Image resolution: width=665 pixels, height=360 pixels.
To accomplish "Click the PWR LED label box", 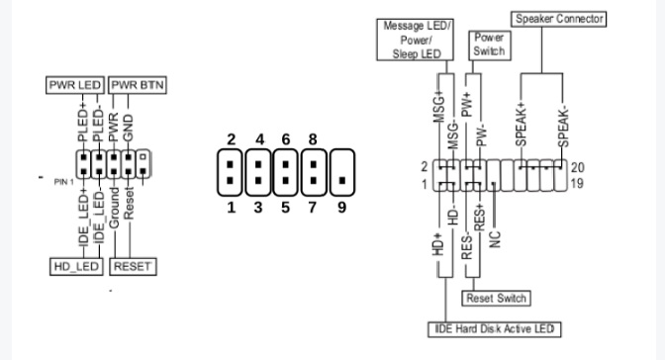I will click(76, 86).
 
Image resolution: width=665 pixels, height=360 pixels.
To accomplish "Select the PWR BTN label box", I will click(138, 86).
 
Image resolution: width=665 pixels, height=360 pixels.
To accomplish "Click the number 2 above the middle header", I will click(230, 138).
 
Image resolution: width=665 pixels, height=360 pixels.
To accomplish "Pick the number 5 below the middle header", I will click(286, 210).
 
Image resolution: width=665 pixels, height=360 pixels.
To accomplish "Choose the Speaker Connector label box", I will click(558, 18).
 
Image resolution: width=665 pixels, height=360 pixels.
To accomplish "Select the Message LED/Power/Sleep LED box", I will click(417, 39).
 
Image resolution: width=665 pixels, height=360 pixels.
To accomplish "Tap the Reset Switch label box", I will click(496, 298).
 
